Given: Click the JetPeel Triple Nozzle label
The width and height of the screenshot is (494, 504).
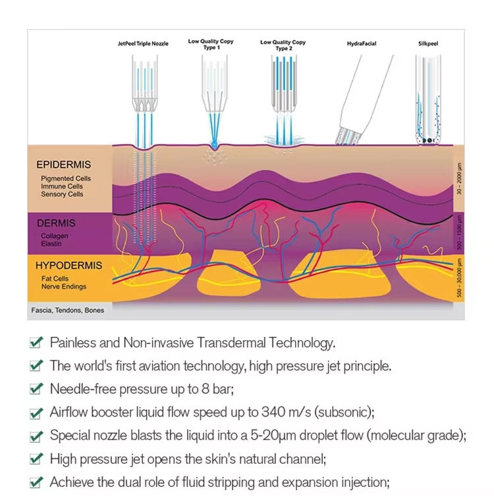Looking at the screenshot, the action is (143, 43).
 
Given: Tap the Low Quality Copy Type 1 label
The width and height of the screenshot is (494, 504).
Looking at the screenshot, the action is (211, 44).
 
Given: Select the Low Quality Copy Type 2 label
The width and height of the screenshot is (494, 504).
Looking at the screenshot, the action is (283, 45).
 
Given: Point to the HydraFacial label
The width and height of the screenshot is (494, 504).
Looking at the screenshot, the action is (362, 43).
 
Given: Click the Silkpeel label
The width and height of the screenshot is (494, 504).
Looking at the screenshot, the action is (428, 43).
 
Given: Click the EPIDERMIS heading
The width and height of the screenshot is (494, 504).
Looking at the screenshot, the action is (63, 164).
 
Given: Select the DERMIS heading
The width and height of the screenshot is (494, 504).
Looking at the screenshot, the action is (56, 223).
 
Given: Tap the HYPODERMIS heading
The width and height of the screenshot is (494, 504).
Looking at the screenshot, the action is (69, 266).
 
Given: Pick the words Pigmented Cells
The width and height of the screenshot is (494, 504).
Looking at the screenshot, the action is (66, 178).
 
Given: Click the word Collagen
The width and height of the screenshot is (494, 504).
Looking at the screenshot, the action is (55, 236).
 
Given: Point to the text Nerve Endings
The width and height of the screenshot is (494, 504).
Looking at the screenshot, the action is (64, 286).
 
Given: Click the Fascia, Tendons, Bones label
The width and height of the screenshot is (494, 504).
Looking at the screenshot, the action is (68, 311).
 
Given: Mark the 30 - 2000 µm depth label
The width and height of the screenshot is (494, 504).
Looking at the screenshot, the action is (459, 178).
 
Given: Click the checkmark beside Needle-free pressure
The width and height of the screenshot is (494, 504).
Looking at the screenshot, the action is (36, 389).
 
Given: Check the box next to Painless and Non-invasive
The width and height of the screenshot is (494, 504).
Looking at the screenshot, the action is (36, 343).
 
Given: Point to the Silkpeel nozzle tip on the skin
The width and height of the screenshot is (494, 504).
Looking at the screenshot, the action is (428, 140).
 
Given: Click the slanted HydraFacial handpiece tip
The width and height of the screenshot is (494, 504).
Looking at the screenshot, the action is (348, 138).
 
